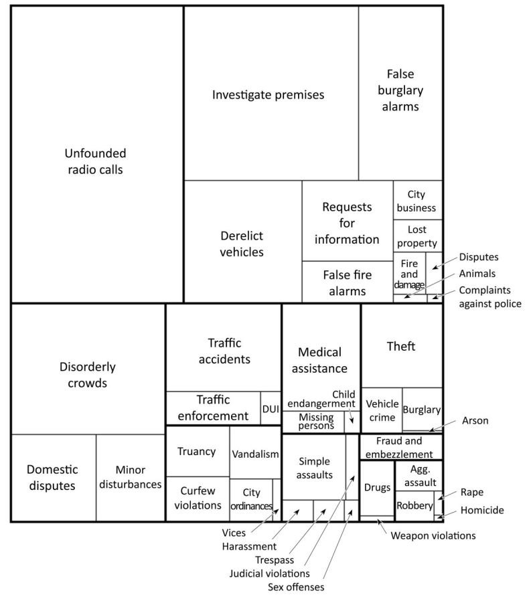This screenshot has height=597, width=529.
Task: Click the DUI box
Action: pos(271,408)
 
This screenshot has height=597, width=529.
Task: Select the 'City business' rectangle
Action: pos(418,200)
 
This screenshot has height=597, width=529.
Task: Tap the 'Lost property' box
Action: pos(418,236)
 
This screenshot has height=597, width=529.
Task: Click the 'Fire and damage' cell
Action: pos(409,273)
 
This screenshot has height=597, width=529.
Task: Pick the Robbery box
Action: pos(414,506)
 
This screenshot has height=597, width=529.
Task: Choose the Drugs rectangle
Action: pos(377,488)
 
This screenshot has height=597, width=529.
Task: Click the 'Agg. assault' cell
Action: pos(419,476)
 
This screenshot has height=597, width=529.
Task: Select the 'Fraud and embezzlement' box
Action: pos(401,447)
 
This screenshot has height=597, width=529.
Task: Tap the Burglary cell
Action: pos(422,410)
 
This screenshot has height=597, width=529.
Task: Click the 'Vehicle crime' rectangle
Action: pos(382,410)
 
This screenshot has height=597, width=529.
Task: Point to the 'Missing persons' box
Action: pos(313,422)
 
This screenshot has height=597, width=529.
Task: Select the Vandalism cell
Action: pos(255,452)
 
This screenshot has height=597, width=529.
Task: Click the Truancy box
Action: pos(198,451)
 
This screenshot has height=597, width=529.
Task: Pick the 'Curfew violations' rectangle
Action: pos(198,499)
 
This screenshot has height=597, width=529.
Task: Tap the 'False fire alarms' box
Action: pos(348,282)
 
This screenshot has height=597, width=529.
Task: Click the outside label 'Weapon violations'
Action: pos(433,535)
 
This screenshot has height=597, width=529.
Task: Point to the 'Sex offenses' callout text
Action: pos(296,587)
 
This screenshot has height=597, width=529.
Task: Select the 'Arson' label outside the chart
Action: pos(475,421)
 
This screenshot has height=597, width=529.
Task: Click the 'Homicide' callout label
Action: pos(482,510)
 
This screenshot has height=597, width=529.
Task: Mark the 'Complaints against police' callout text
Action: pos(490,297)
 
